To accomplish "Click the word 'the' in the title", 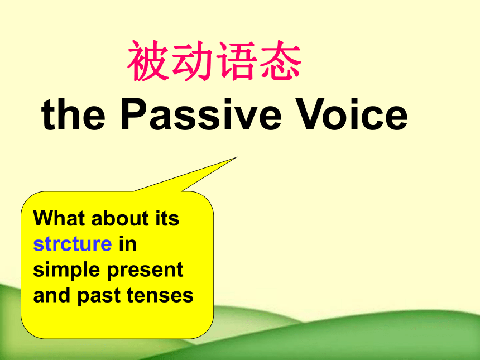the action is coord(73,114).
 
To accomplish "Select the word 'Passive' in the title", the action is coord(201,114).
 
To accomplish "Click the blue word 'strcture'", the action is coord(73,244).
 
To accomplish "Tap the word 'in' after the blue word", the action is coord(128,244).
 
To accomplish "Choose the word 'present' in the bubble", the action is coord(145,271).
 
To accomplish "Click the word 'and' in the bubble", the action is coord(52,295).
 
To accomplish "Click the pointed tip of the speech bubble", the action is coord(237,157).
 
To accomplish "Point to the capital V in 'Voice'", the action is coord(309,114).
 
